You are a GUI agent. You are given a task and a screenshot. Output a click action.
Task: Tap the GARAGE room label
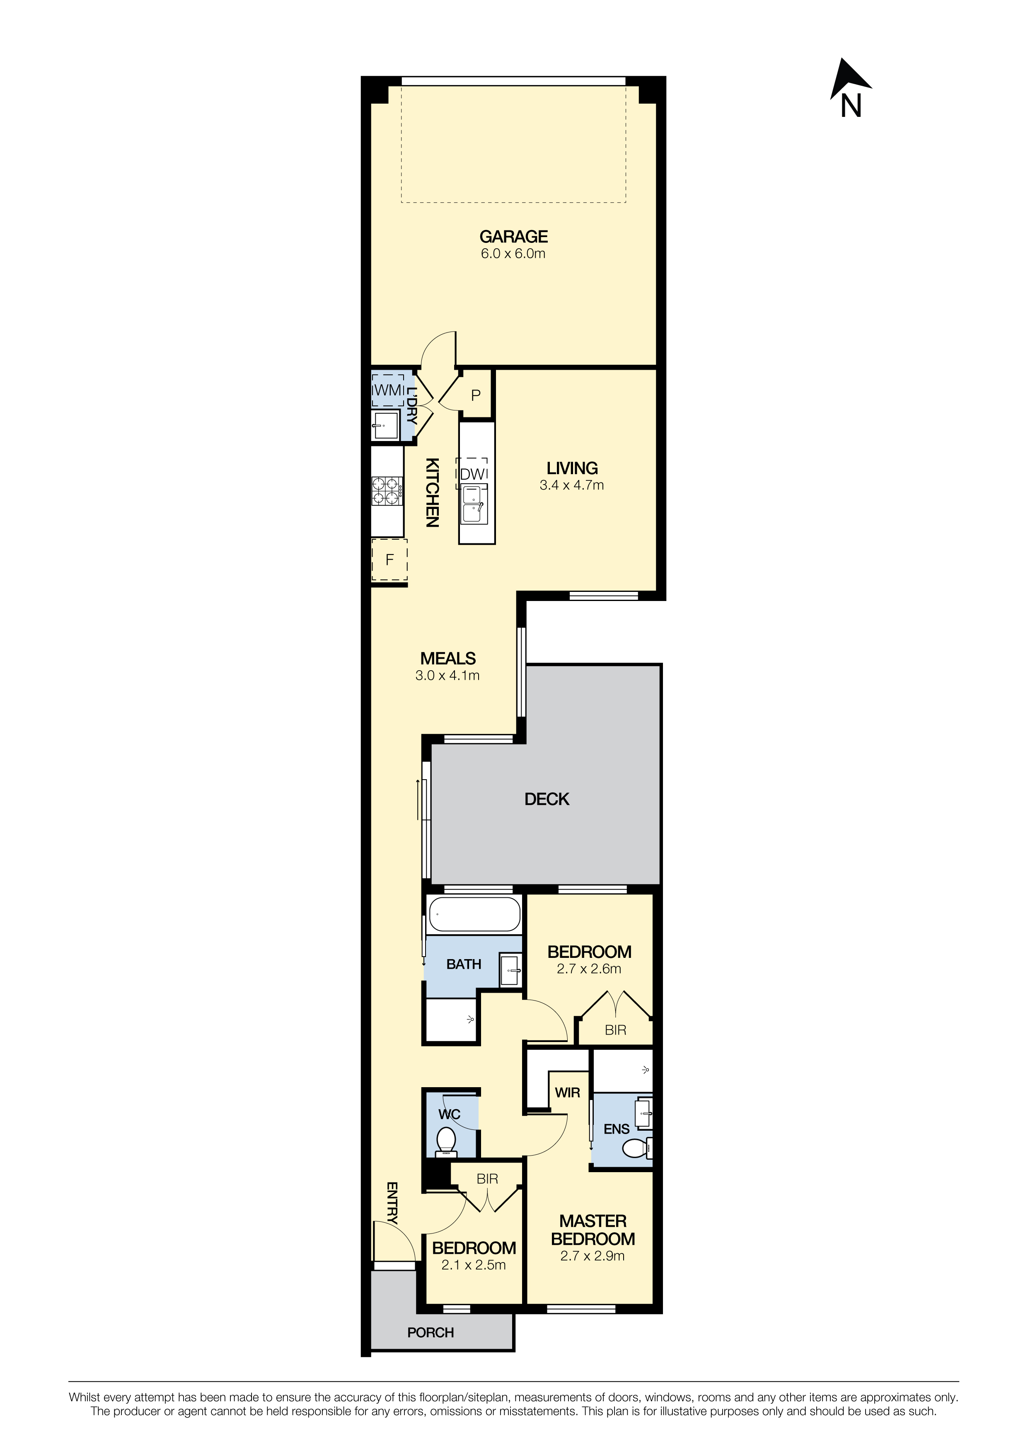point(513,237)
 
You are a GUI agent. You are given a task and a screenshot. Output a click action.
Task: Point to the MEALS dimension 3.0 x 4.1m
point(447,676)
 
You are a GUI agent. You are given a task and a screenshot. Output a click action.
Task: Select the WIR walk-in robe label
point(567,1093)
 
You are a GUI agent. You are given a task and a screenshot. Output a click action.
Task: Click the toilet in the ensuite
point(637,1148)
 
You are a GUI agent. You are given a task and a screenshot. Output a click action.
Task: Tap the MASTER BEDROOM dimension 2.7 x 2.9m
point(593,1256)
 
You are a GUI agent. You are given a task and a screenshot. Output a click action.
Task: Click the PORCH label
point(431,1333)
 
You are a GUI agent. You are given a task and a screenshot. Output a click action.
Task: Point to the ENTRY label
point(392,1202)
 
